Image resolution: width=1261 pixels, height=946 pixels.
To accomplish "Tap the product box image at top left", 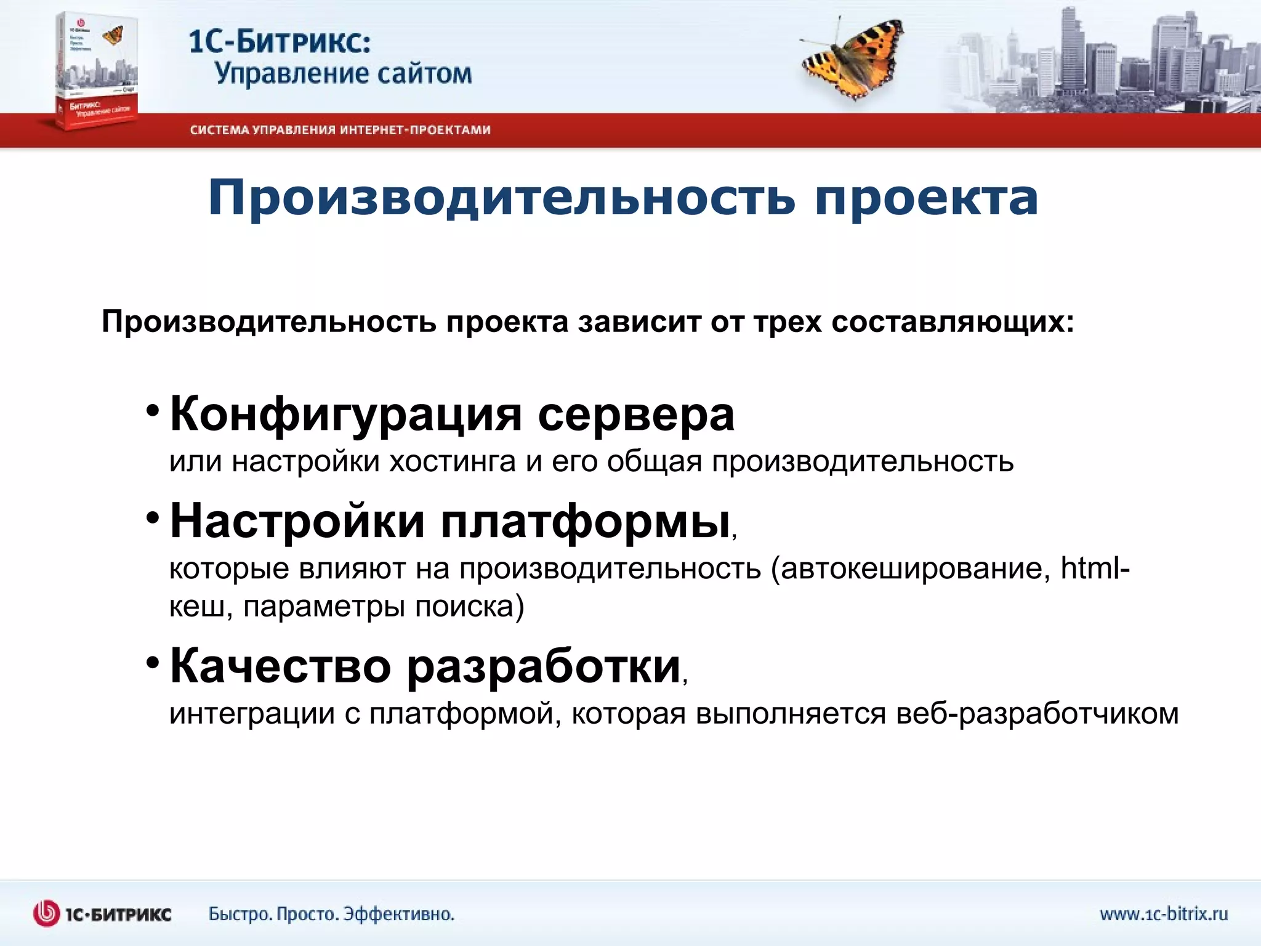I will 97,71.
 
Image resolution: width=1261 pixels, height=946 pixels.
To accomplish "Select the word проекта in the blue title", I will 927,198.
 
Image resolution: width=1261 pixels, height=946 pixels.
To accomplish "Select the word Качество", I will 280,666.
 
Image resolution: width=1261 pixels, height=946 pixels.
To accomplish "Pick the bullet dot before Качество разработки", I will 153,663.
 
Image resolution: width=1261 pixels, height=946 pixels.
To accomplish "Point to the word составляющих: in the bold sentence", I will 953,322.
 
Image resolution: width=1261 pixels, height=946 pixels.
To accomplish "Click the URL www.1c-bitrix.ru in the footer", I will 1164,914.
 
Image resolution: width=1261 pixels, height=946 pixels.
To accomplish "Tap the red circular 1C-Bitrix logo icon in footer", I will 46,914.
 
